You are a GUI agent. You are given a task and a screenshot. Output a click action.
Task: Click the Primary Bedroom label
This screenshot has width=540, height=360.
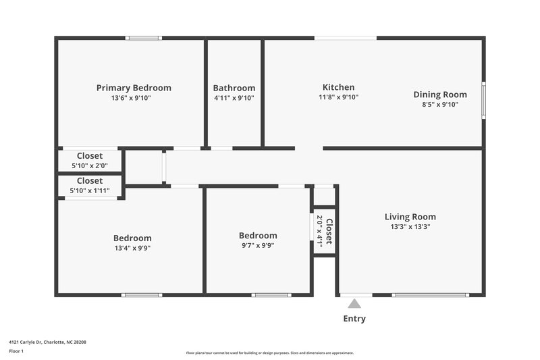tap(134, 88)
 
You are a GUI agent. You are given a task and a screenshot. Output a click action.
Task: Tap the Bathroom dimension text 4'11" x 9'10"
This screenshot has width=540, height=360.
tap(234, 98)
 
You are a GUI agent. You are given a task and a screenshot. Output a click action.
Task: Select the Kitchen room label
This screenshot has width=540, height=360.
tap(338, 87)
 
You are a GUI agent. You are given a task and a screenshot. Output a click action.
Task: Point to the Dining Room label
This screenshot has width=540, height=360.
tap(439, 95)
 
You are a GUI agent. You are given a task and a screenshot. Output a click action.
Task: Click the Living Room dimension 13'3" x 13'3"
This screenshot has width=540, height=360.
tap(410, 227)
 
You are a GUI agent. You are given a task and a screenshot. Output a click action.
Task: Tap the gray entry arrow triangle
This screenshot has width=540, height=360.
tap(354, 304)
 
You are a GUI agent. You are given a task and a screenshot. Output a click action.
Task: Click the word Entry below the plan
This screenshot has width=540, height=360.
tap(354, 319)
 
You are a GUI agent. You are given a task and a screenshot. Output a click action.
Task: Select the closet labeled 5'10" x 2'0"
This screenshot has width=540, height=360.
tap(89, 165)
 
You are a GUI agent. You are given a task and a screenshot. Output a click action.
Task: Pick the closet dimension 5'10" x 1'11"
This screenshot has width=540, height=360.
tap(89, 191)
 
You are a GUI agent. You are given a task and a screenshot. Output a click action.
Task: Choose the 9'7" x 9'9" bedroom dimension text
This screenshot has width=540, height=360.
tap(258, 245)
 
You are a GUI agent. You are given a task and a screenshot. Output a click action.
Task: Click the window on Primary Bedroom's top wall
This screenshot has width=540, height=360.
tap(144, 38)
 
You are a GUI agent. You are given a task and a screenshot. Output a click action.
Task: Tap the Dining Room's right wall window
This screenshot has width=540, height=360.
tap(483, 100)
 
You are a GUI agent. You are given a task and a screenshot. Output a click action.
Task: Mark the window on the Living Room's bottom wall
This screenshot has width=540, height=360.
tap(430, 294)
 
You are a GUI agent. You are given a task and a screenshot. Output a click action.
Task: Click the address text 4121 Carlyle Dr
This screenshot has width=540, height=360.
tap(47, 342)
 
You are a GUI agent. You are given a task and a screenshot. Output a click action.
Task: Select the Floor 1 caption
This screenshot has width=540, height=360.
tap(16, 351)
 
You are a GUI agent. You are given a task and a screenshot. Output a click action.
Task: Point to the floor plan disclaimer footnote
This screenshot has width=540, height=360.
tap(269, 353)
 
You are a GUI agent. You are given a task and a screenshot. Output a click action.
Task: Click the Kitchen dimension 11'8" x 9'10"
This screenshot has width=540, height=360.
tap(338, 97)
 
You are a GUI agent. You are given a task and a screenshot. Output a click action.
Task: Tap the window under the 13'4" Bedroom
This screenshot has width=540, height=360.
tap(142, 294)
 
